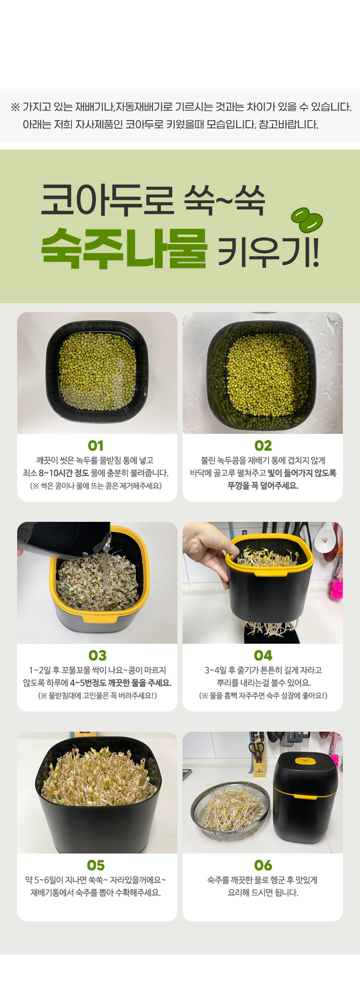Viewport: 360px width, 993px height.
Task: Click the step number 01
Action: point(96,446)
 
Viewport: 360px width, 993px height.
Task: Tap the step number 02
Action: point(263,446)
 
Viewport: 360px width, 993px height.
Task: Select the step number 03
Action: point(97,655)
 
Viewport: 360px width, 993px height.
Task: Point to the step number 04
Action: point(263,655)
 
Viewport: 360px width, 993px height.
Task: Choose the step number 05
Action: point(96,865)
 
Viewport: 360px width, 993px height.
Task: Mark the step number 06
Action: point(263,865)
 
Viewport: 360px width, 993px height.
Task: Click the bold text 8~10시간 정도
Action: point(64,473)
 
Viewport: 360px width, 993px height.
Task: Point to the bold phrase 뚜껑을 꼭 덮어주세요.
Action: point(263,486)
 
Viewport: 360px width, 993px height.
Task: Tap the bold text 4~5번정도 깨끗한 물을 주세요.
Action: point(121,683)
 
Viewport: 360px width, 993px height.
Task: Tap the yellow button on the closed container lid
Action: point(306,760)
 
